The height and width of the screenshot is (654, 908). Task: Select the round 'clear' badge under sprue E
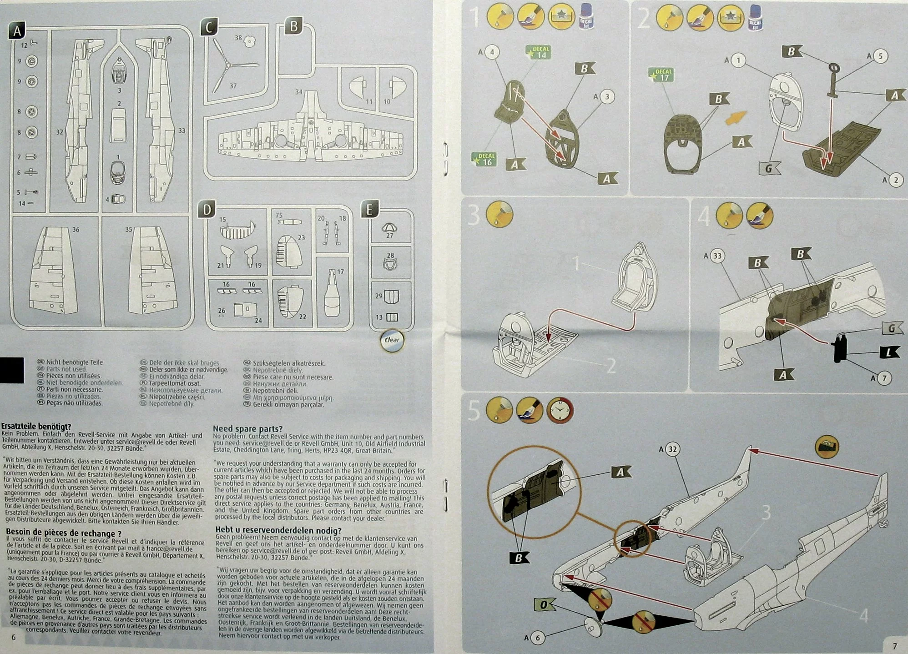pyautogui.click(x=392, y=340)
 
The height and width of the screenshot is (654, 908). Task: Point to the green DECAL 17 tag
pyautogui.click(x=662, y=75)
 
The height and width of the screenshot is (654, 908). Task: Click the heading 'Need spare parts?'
pyautogui.click(x=248, y=428)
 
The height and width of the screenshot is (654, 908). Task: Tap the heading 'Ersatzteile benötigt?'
pyautogui.click(x=36, y=427)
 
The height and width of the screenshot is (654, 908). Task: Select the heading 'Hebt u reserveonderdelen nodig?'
pyautogui.click(x=278, y=530)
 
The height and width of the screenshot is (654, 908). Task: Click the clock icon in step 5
pyautogui.click(x=560, y=411)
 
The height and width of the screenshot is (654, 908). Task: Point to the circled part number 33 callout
pyautogui.click(x=717, y=256)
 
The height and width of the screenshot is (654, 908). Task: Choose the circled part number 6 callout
pyautogui.click(x=537, y=638)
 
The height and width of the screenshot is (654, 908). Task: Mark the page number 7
pyautogui.click(x=894, y=646)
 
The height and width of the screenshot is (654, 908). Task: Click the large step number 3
pyautogui.click(x=474, y=216)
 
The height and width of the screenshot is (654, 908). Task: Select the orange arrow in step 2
pyautogui.click(x=735, y=117)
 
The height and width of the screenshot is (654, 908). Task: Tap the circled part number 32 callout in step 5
pyautogui.click(x=672, y=449)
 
